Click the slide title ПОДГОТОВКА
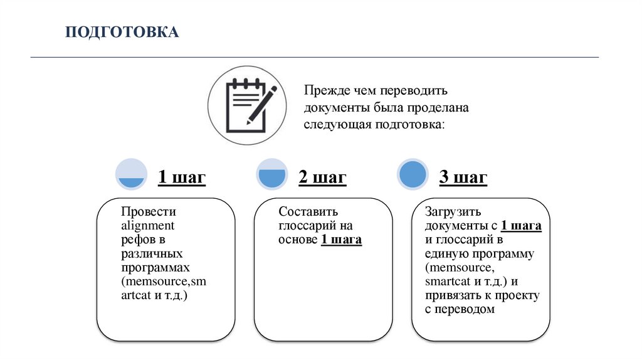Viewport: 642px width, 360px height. click(123, 32)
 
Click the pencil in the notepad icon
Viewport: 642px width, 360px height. click(263, 105)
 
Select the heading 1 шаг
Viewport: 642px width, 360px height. click(181, 177)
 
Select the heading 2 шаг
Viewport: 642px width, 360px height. click(322, 177)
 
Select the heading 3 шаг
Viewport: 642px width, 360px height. click(463, 177)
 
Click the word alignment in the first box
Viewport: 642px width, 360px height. click(147, 226)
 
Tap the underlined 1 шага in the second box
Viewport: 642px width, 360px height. click(341, 240)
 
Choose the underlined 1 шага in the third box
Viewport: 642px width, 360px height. click(521, 226)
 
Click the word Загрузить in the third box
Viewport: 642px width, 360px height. click(453, 212)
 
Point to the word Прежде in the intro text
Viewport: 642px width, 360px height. click(323, 92)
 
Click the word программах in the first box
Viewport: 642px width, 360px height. click(155, 267)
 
